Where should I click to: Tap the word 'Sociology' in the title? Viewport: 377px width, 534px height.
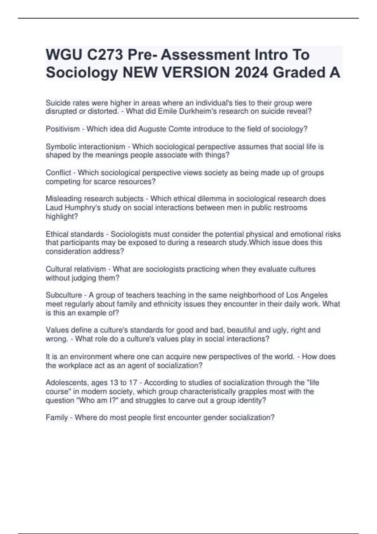(x=82, y=73)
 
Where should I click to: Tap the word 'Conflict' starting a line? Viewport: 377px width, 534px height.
(x=58, y=173)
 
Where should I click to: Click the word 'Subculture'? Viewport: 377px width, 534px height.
(x=64, y=295)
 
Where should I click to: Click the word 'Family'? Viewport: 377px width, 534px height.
(x=57, y=417)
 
